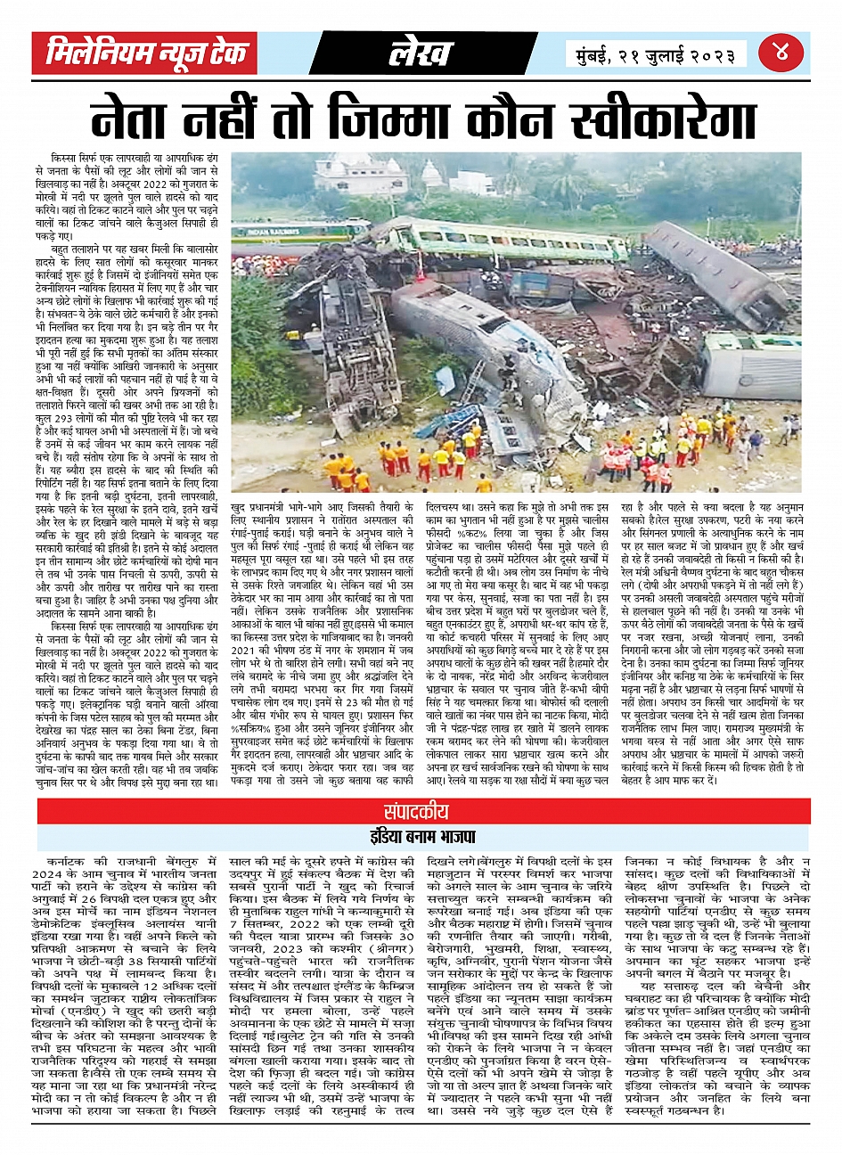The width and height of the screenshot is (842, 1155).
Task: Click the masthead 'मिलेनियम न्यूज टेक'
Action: coord(147,54)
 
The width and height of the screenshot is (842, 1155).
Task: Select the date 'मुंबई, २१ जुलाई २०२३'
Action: coord(656,55)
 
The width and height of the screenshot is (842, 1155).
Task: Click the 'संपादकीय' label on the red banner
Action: coord(416,812)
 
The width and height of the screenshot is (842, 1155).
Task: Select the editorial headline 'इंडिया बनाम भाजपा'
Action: coord(421,838)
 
